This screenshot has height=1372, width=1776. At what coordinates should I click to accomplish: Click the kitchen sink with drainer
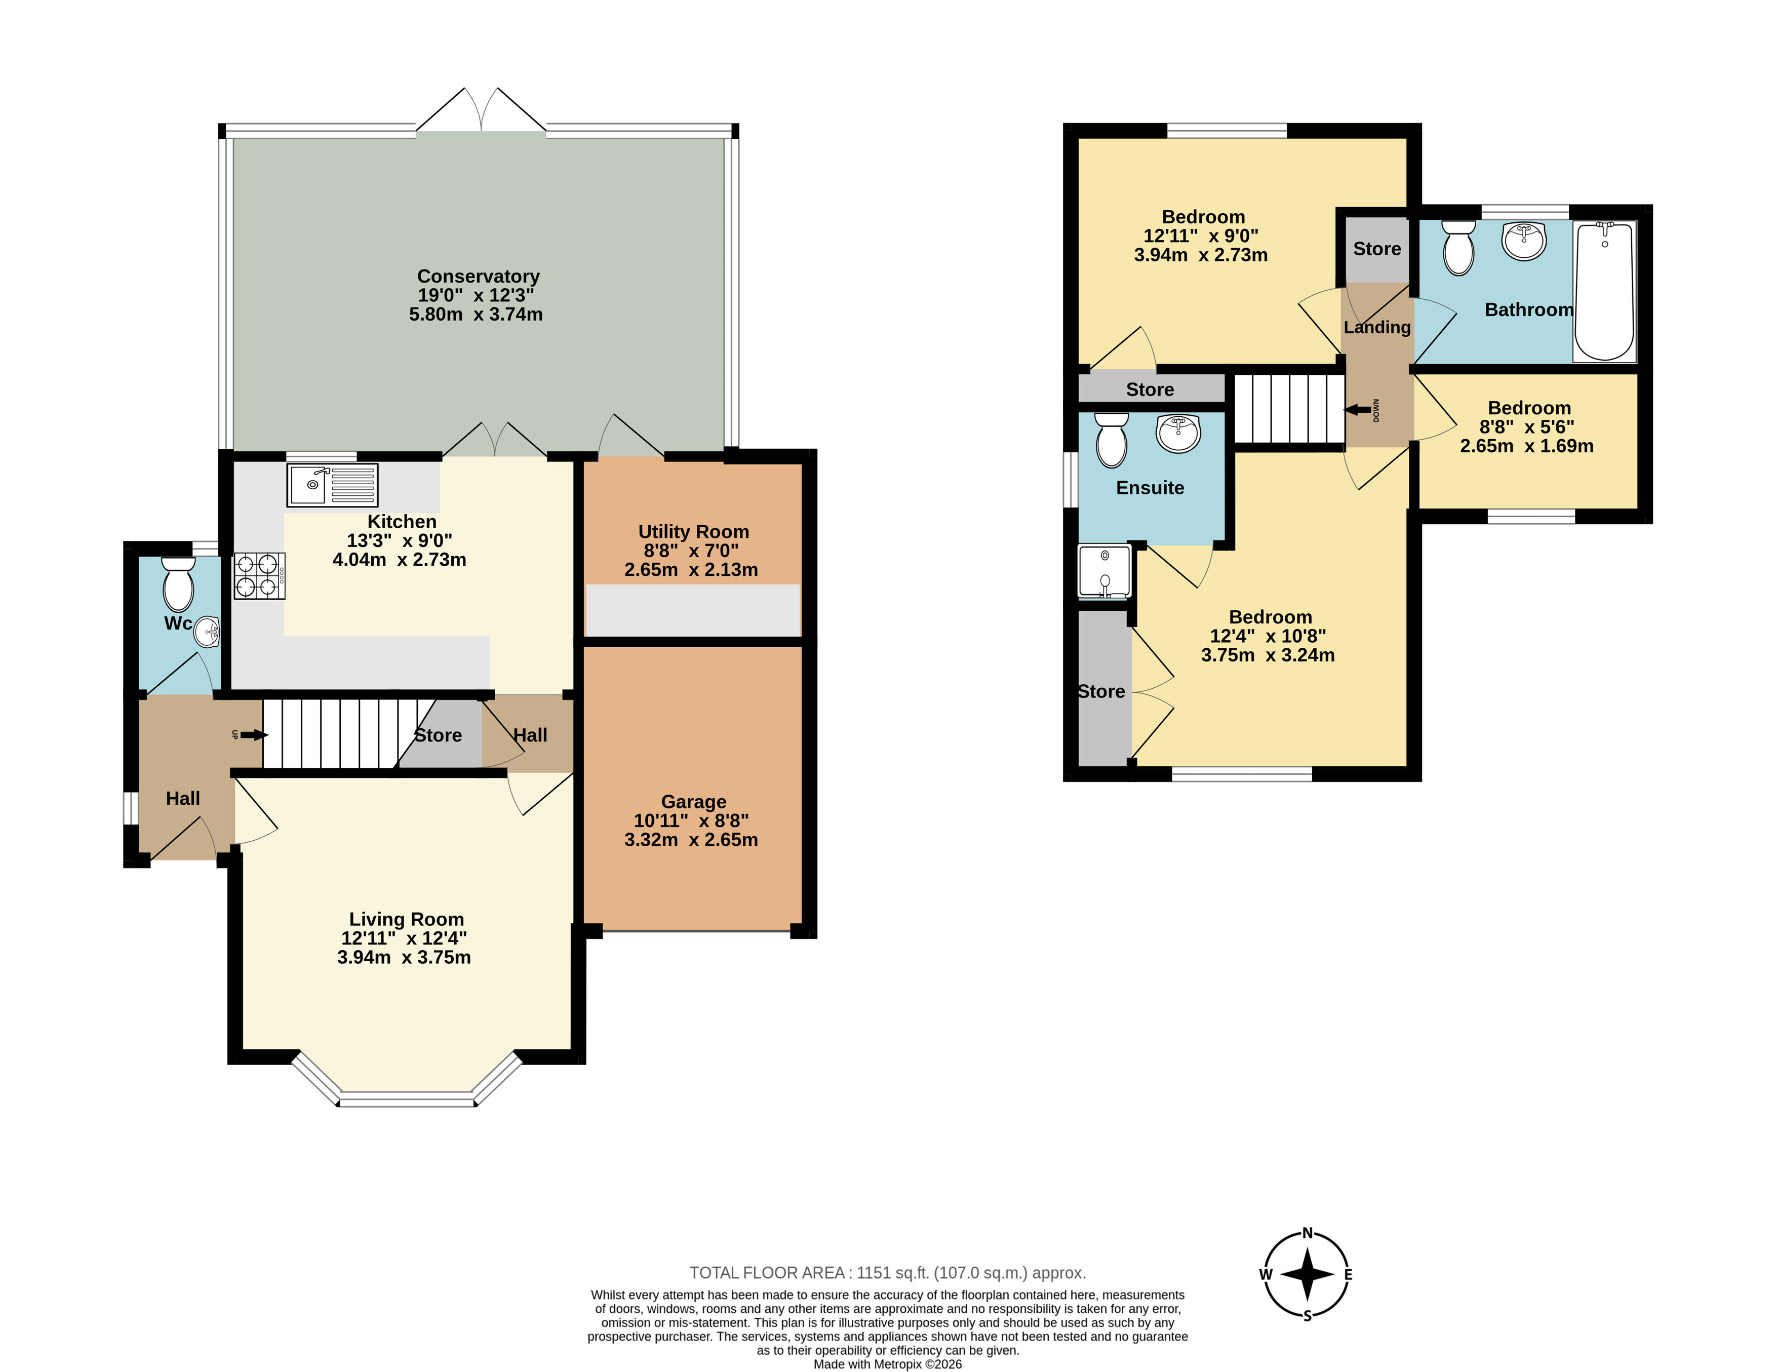pos(332,485)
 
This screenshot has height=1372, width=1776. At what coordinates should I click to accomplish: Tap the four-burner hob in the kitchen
pos(259,576)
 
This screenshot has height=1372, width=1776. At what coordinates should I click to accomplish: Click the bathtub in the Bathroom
pos(1604,291)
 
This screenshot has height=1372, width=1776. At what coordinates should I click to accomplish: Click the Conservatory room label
pos(478,277)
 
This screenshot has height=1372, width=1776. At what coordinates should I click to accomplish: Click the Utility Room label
pos(694,532)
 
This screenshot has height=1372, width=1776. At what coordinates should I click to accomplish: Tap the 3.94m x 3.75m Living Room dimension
pos(404,957)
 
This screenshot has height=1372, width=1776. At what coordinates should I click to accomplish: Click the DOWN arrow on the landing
pos(1357,410)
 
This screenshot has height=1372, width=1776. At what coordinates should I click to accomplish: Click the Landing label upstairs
pos(1377,327)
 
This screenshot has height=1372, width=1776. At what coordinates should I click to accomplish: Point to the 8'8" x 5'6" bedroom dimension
pos(1526,427)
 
